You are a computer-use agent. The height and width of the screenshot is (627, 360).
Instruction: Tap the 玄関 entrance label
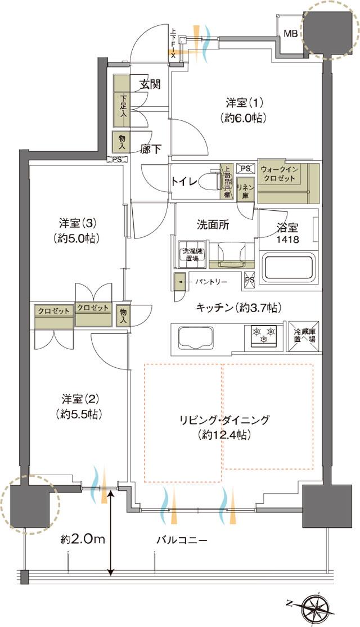click(x=150, y=85)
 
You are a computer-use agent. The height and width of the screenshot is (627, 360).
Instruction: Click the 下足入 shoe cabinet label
click(x=123, y=106)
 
